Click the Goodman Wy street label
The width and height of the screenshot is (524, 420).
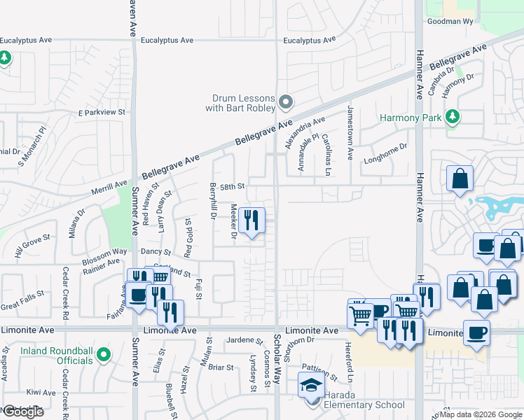(x=450, y=22)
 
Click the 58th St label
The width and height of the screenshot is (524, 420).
(x=231, y=187)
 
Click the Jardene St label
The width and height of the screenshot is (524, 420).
(x=244, y=340)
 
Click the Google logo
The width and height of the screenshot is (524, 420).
(x=23, y=412)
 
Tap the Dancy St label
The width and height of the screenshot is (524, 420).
(x=156, y=251)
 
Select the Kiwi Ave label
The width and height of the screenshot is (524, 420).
(x=40, y=393)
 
